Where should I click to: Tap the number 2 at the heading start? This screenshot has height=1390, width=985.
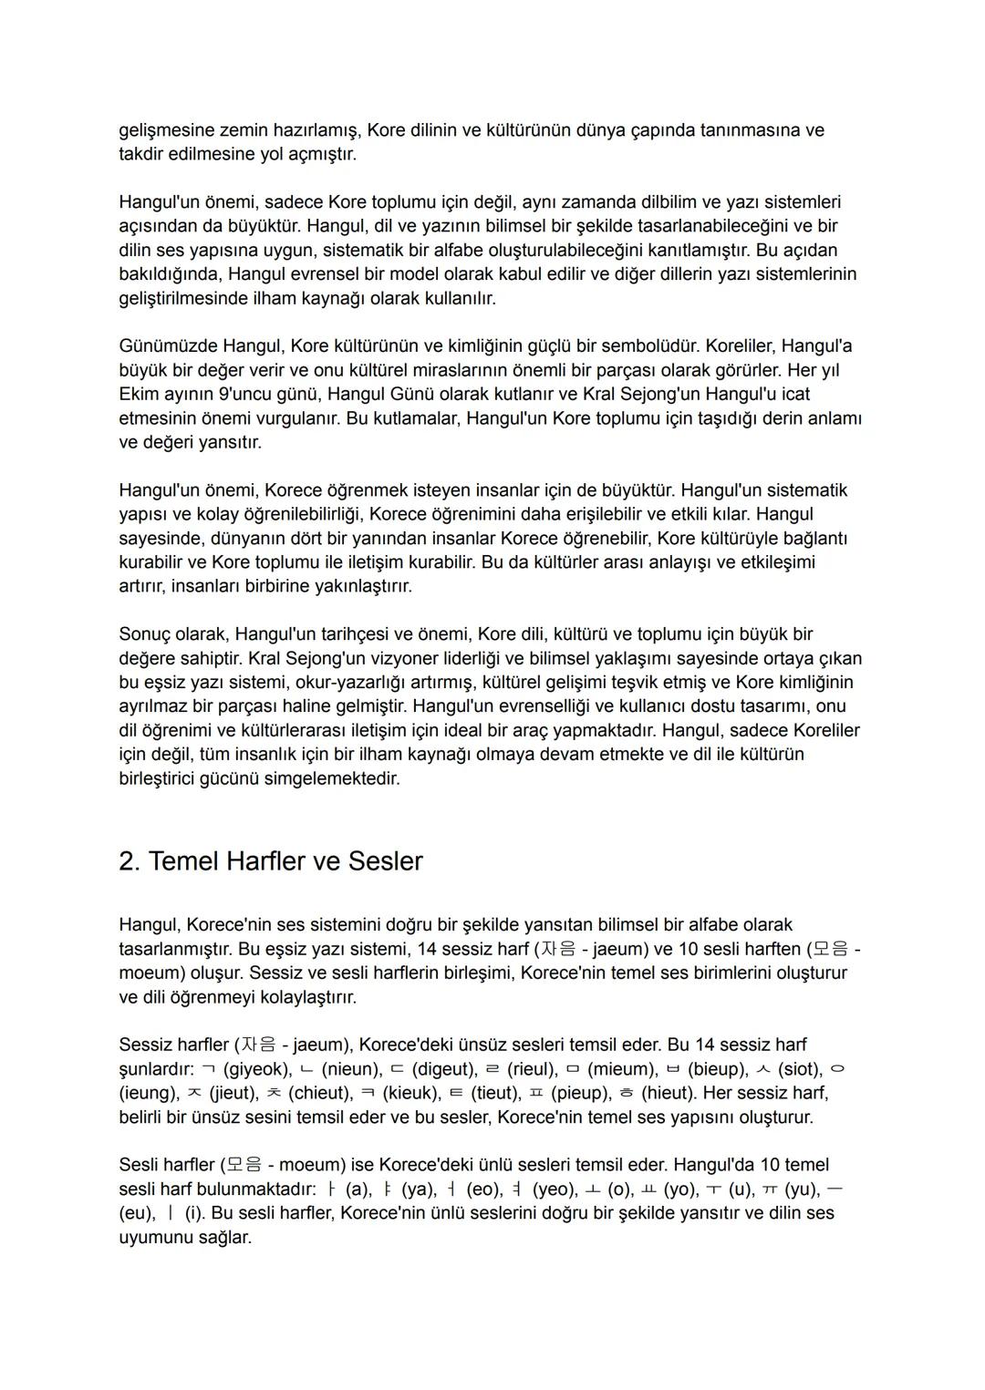click(128, 861)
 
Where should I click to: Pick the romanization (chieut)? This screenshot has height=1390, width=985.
click(320, 1092)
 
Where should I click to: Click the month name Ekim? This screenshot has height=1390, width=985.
click(138, 395)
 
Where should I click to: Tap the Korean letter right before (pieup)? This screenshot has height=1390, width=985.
click(535, 1092)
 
